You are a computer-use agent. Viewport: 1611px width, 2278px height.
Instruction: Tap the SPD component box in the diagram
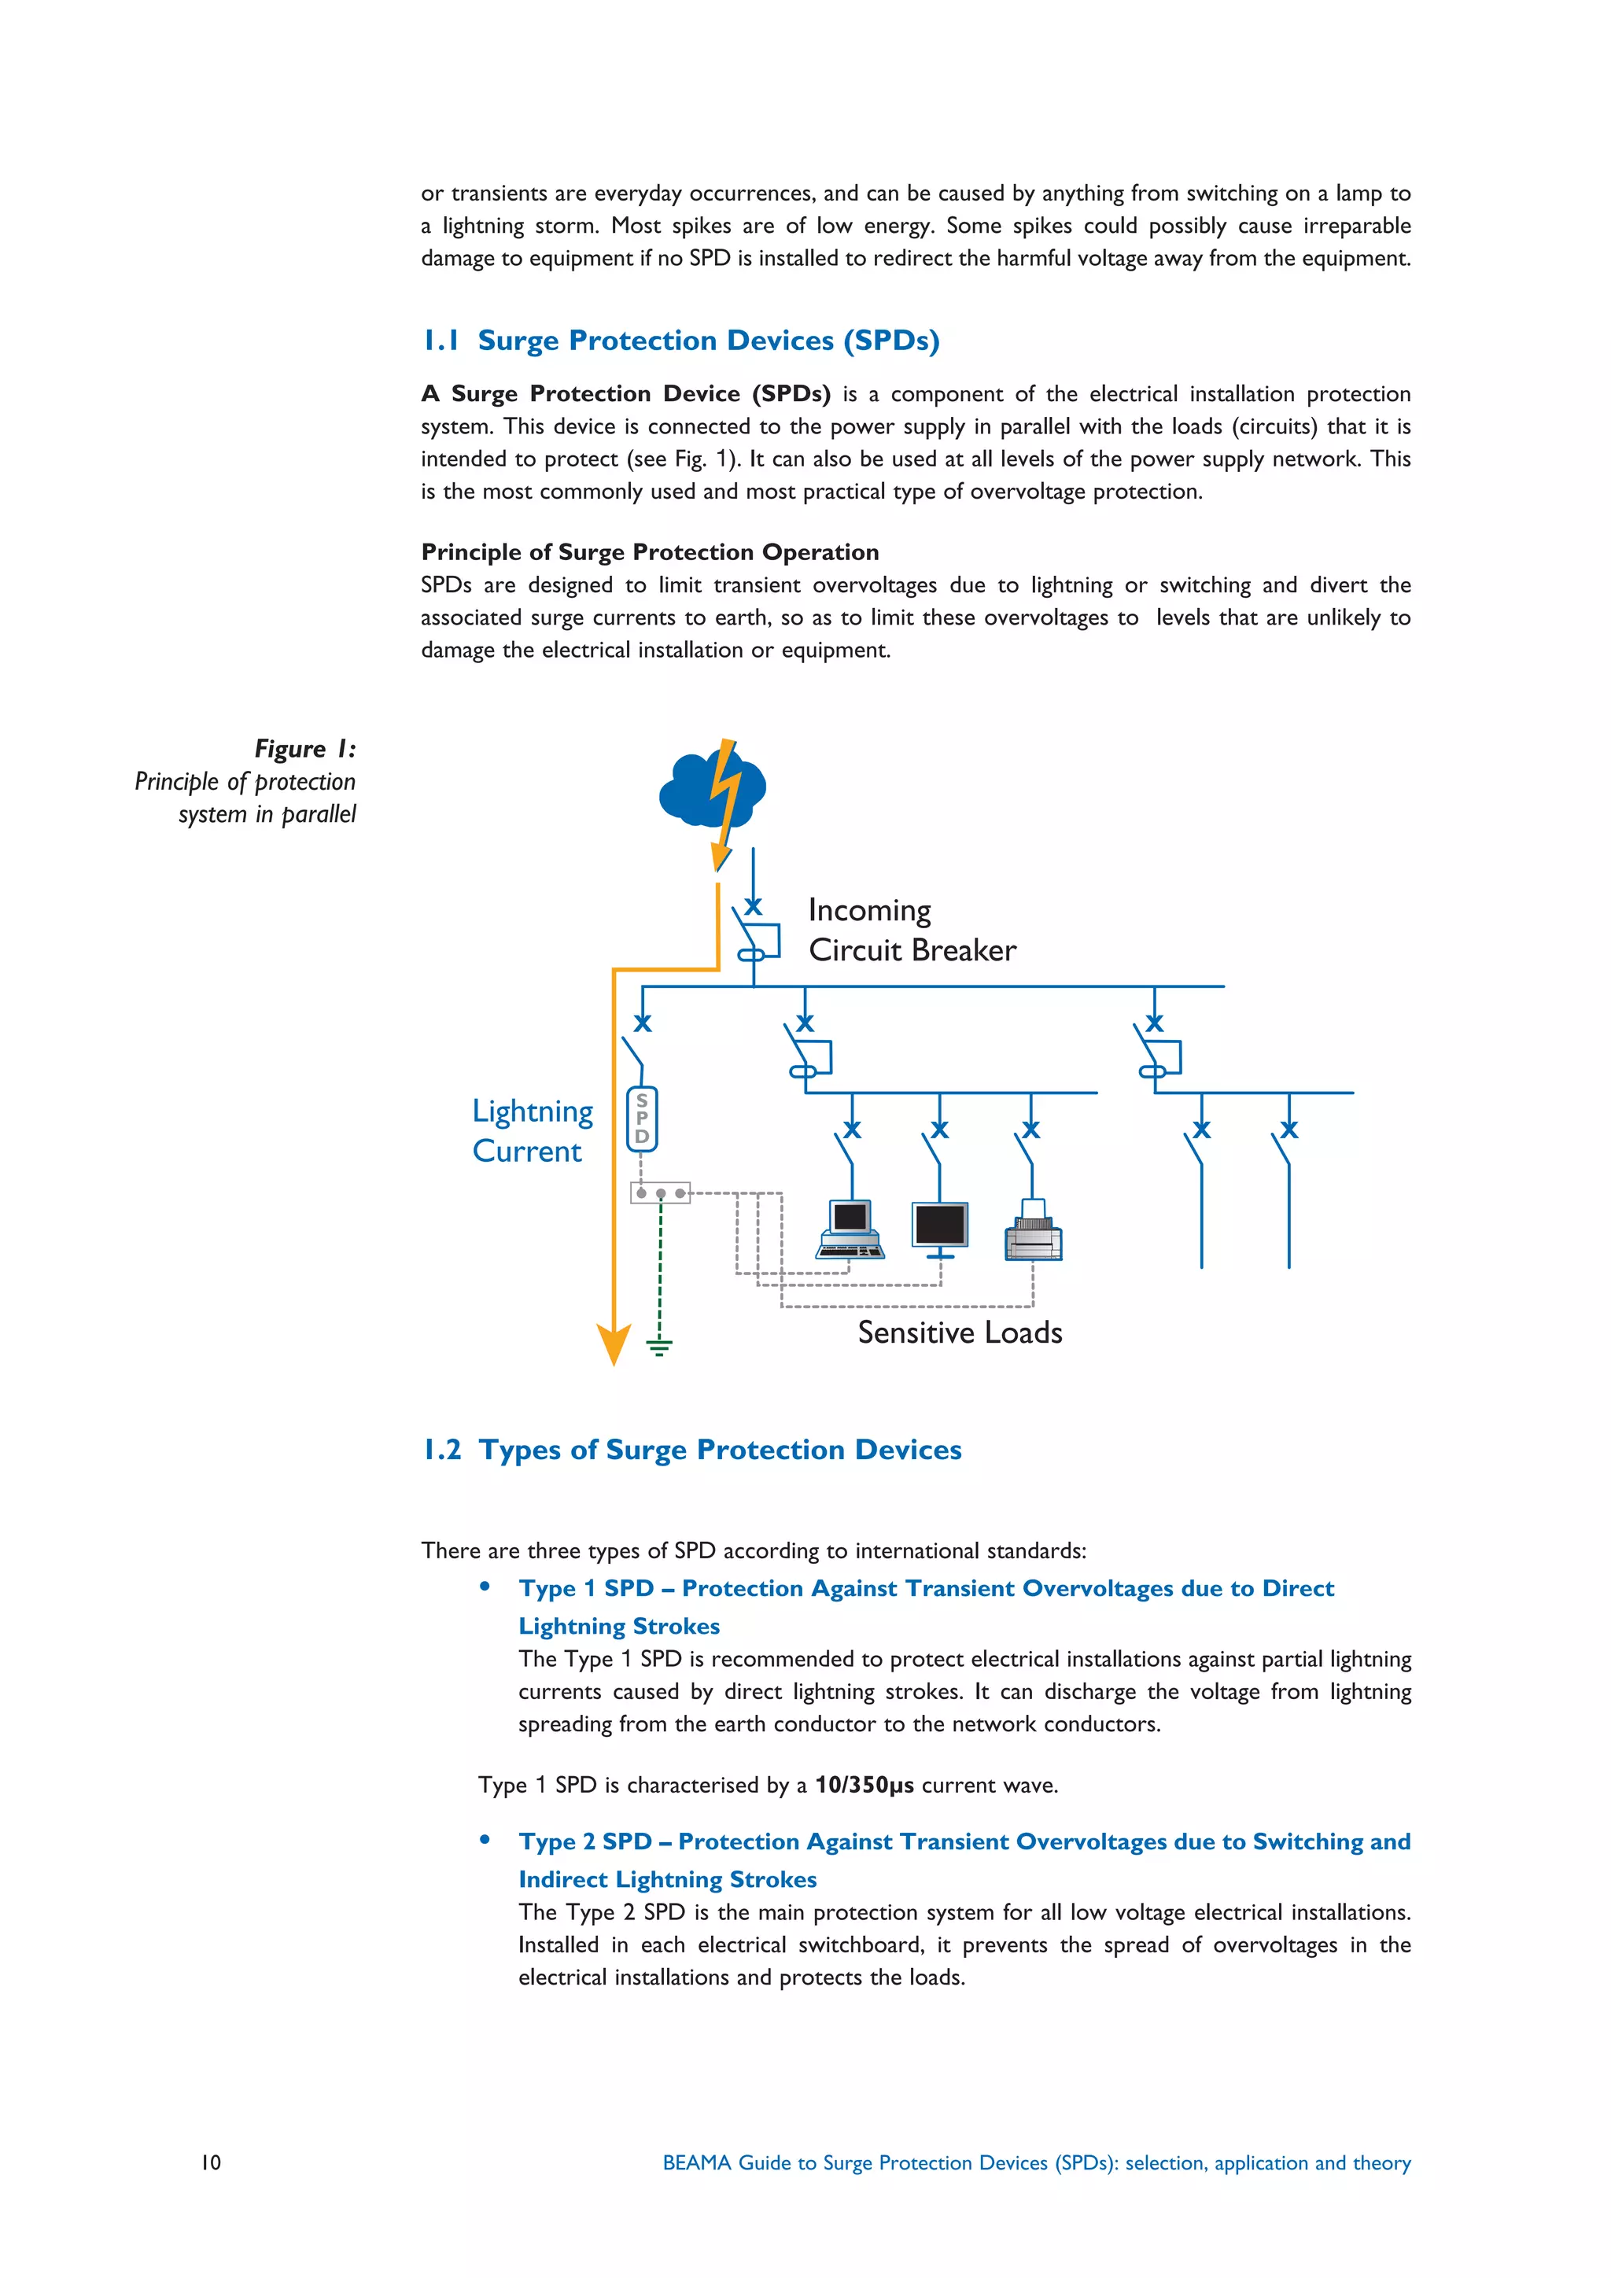point(642,1119)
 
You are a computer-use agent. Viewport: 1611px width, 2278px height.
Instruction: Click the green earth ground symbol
point(658,1347)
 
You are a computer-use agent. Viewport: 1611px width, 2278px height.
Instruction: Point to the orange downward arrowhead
point(614,1344)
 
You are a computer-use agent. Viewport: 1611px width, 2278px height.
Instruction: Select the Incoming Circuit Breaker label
point(911,930)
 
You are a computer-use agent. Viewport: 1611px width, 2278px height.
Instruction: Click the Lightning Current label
point(532,1130)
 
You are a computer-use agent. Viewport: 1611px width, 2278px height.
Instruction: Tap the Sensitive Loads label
point(959,1332)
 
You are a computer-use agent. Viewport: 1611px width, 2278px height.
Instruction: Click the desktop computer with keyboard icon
point(850,1229)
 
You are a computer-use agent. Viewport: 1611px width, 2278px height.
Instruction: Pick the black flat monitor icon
point(939,1227)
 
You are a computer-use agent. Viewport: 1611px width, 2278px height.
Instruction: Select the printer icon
point(1033,1233)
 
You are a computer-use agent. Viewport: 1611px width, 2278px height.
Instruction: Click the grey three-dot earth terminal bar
point(661,1192)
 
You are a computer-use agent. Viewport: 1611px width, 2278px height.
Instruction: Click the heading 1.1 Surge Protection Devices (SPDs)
point(680,341)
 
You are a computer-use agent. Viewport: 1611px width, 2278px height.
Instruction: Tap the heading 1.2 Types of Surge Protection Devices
point(691,1450)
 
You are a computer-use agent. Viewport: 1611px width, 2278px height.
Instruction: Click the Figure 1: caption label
point(304,749)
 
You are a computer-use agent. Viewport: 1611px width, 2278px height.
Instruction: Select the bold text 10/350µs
point(864,1785)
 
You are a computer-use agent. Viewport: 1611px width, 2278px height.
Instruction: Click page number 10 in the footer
point(212,2162)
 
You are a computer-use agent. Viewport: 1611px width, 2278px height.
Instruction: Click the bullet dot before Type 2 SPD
point(485,1839)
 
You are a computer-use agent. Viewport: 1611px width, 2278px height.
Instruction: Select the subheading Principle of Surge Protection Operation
point(650,551)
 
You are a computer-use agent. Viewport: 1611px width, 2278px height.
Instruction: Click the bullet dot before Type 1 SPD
point(485,1587)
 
